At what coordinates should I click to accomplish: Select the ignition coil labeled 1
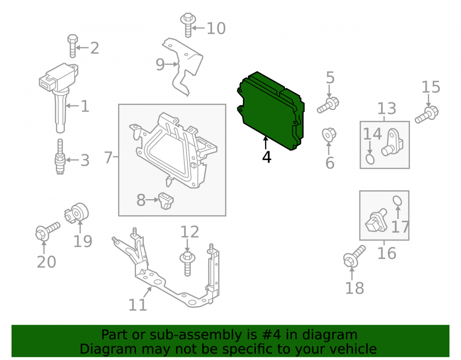tap(59, 94)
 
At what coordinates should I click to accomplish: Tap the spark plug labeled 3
tap(60, 157)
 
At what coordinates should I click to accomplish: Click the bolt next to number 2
tap(72, 46)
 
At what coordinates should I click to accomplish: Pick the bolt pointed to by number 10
tap(188, 25)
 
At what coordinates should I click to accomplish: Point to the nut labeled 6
tap(329, 135)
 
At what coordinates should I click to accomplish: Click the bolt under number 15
tap(427, 115)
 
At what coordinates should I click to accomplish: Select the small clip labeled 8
tap(166, 201)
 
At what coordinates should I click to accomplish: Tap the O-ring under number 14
tap(370, 159)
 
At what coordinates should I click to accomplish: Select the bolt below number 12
tap(188, 263)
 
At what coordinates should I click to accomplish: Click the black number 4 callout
tap(266, 157)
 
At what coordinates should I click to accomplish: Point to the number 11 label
tap(137, 305)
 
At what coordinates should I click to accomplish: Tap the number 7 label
tap(108, 157)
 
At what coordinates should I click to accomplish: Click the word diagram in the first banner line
tap(330, 335)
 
